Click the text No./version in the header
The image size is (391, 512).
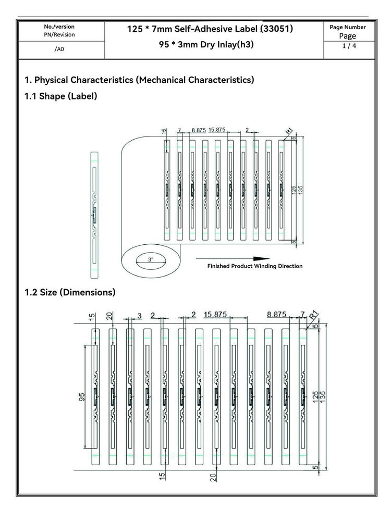pos(59,27)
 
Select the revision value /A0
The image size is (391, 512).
pos(59,49)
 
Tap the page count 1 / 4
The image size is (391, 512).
pos(349,46)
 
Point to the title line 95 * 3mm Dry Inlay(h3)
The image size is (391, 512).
pos(206,44)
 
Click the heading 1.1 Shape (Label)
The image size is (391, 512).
pos(61,96)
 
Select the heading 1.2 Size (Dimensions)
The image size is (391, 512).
pos(70,292)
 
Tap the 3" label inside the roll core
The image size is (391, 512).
pos(150,259)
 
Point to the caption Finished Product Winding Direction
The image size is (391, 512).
pos(255,266)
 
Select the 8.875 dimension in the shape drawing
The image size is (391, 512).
pos(199,130)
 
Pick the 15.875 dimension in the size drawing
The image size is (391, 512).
pos(215,315)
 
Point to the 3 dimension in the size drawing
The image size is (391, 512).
pos(140,316)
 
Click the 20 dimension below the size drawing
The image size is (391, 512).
pos(213,478)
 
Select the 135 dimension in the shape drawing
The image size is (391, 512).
pos(300,190)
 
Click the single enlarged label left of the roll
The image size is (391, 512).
pos(94,215)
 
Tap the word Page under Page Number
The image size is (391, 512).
pos(348,36)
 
